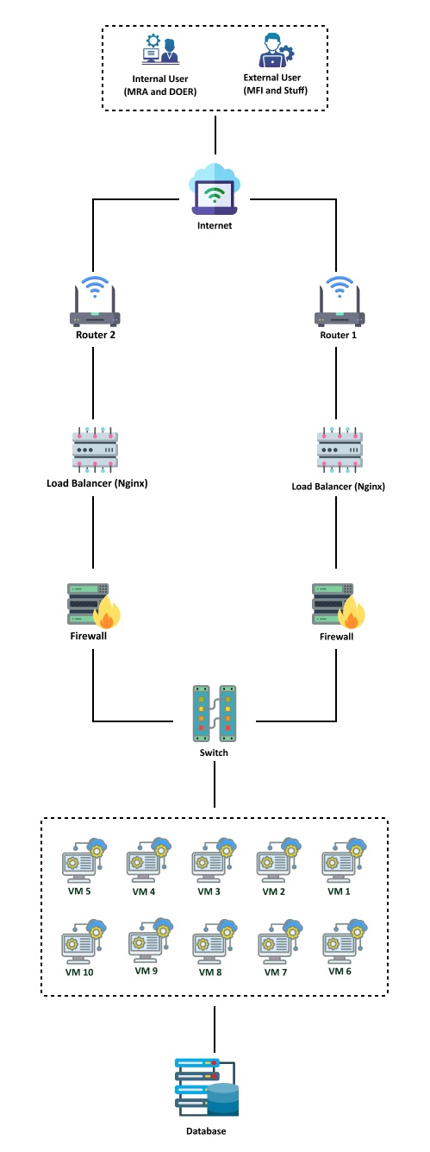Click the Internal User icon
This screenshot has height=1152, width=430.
(x=160, y=49)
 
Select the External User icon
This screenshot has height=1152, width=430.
(x=276, y=50)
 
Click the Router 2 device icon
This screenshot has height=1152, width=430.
(x=95, y=301)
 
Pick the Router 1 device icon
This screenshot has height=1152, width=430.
(x=340, y=301)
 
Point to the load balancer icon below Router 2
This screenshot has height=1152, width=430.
(x=95, y=450)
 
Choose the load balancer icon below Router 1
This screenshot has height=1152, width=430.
(x=340, y=450)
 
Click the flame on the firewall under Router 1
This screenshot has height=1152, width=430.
(x=352, y=613)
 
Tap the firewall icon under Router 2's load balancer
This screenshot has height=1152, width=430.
(x=94, y=606)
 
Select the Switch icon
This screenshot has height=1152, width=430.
(x=215, y=714)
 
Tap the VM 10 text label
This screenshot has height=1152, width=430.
(x=79, y=972)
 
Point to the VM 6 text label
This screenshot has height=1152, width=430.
(x=340, y=971)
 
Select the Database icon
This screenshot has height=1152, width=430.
(x=207, y=1086)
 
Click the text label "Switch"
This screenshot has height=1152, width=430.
(x=214, y=752)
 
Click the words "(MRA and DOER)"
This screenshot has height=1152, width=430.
(x=160, y=92)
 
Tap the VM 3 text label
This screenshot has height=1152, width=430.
(x=209, y=891)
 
